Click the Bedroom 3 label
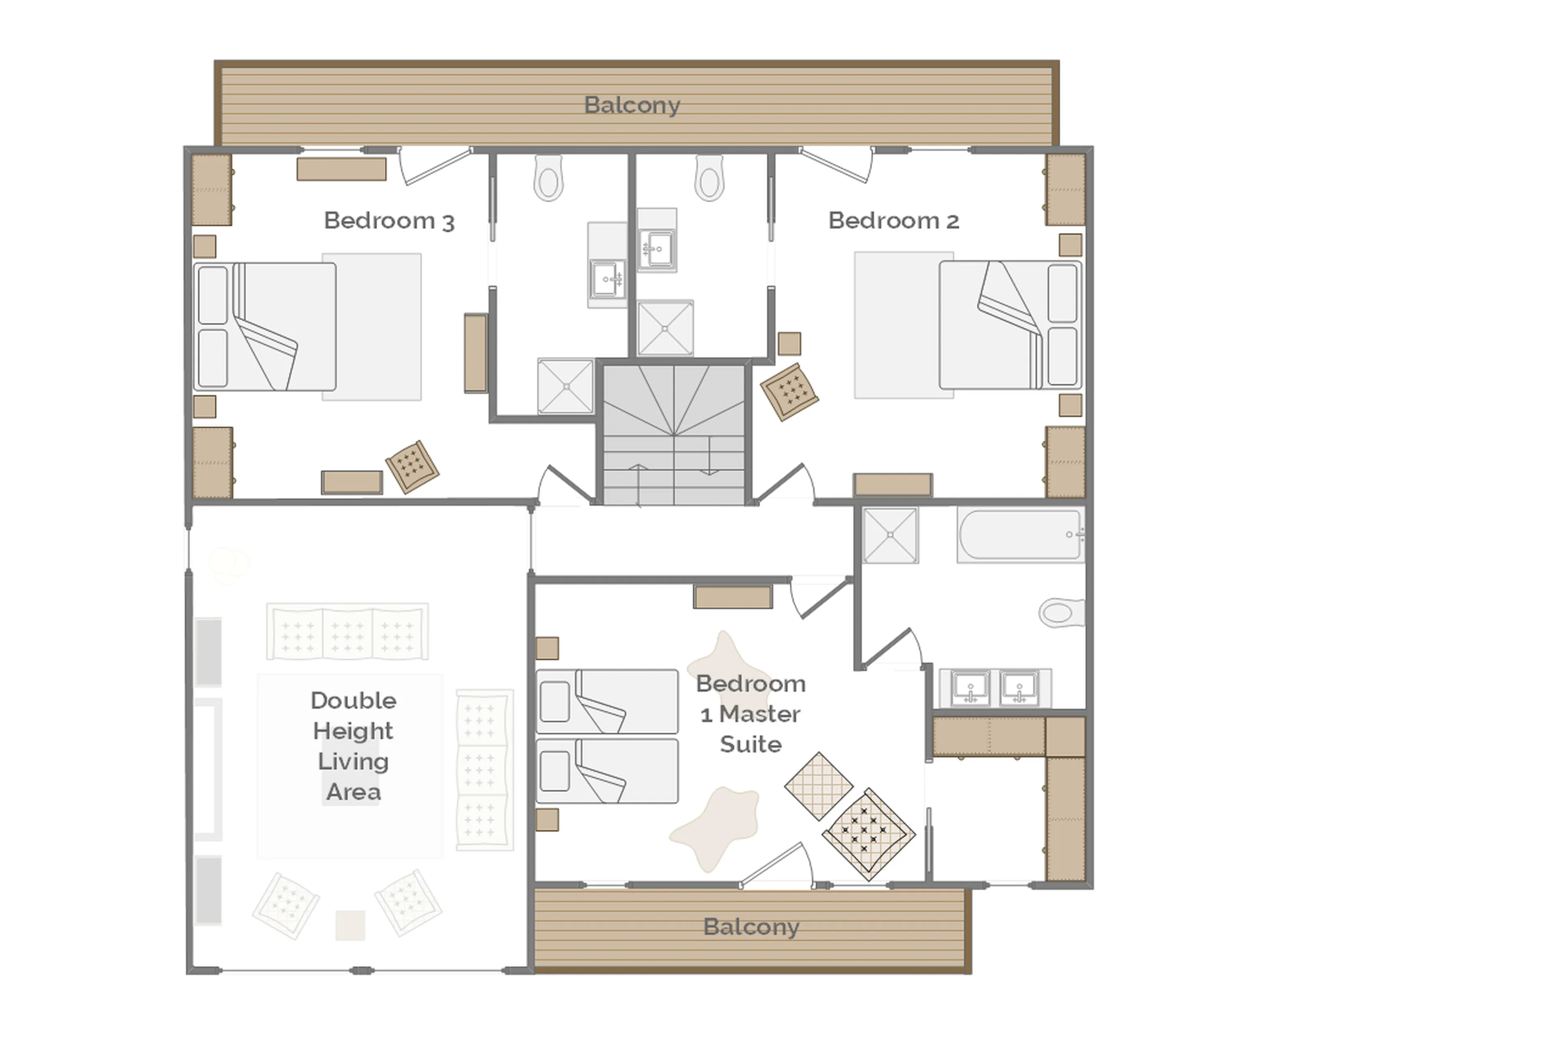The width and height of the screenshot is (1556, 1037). pos(389,220)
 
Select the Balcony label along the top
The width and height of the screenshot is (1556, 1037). pos(632,105)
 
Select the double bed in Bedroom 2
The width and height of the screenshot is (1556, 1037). pos(1010,325)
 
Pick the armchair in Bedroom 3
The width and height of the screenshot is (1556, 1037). pos(412,466)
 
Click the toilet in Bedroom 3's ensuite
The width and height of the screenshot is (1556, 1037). pos(548,179)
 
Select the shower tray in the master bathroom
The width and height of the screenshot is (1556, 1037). pos(890,535)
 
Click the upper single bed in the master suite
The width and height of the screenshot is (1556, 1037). pos(607,701)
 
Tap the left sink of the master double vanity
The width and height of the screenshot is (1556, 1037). pos(970,687)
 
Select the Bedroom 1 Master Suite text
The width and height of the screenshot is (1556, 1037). pos(750,714)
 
